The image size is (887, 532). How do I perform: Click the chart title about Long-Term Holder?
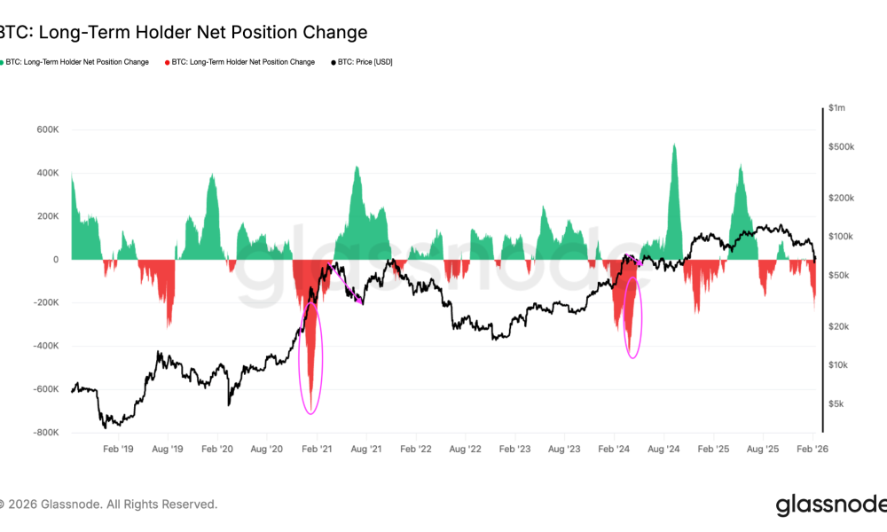[x=182, y=33]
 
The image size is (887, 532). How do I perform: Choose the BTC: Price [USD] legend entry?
[x=365, y=62]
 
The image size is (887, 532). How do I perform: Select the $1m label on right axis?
[x=836, y=107]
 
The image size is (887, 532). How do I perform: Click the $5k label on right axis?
[x=836, y=403]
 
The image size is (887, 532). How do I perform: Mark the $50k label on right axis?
[x=838, y=275]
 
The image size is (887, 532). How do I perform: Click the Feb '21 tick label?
[x=316, y=450]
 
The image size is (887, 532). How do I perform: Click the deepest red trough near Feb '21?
[x=310, y=399]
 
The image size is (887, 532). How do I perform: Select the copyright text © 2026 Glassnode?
[x=108, y=505]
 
